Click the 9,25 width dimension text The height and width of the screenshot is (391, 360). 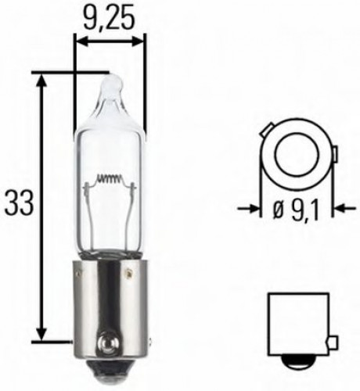click(110, 15)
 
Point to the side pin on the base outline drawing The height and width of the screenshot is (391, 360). click(333, 342)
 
